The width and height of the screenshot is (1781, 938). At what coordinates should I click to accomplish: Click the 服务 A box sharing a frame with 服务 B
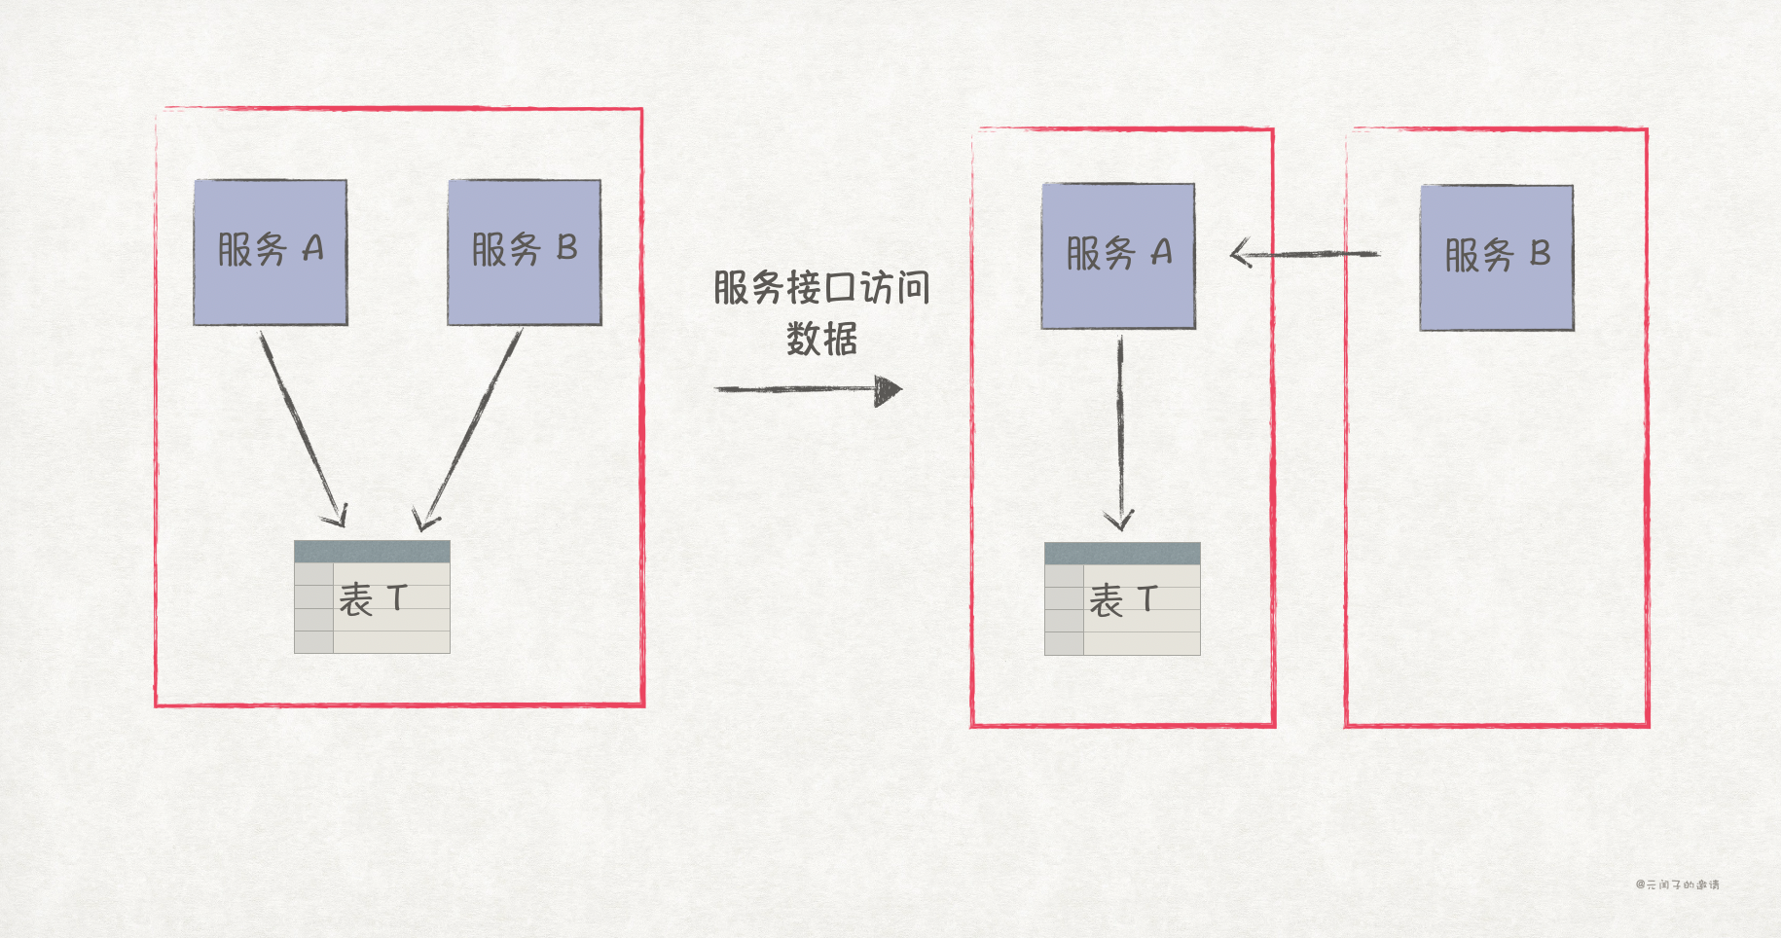[x=271, y=252]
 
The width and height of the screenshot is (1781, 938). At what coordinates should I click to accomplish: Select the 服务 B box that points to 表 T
[x=524, y=252]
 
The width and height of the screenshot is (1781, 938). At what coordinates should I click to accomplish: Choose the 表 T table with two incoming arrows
[x=372, y=596]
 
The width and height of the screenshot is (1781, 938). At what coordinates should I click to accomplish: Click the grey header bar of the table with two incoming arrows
[x=372, y=552]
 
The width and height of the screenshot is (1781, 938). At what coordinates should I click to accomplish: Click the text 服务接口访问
[x=821, y=288]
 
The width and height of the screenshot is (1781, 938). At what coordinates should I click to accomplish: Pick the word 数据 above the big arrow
[x=821, y=340]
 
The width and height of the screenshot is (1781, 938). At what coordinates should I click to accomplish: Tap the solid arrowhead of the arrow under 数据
[x=888, y=390]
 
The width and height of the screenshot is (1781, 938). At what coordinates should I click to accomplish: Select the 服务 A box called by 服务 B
[x=1118, y=256]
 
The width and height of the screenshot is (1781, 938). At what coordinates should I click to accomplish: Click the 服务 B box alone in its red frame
[x=1496, y=258]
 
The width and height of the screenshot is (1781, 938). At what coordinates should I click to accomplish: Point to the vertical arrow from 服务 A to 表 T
[x=1120, y=428]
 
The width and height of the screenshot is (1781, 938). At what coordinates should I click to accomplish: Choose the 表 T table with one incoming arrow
[x=1122, y=598]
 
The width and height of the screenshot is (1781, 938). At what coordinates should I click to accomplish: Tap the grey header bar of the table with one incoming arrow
[x=1122, y=554]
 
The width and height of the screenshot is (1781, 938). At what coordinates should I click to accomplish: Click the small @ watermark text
[x=1677, y=884]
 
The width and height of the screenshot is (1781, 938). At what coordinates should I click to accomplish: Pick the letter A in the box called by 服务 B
[x=1161, y=254]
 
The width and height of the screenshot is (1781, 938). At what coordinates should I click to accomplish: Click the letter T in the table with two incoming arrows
[x=396, y=597]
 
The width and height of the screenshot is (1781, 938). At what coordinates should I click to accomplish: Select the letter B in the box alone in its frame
[x=1540, y=254]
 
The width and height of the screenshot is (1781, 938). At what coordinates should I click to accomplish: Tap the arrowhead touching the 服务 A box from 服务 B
[x=1241, y=255]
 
